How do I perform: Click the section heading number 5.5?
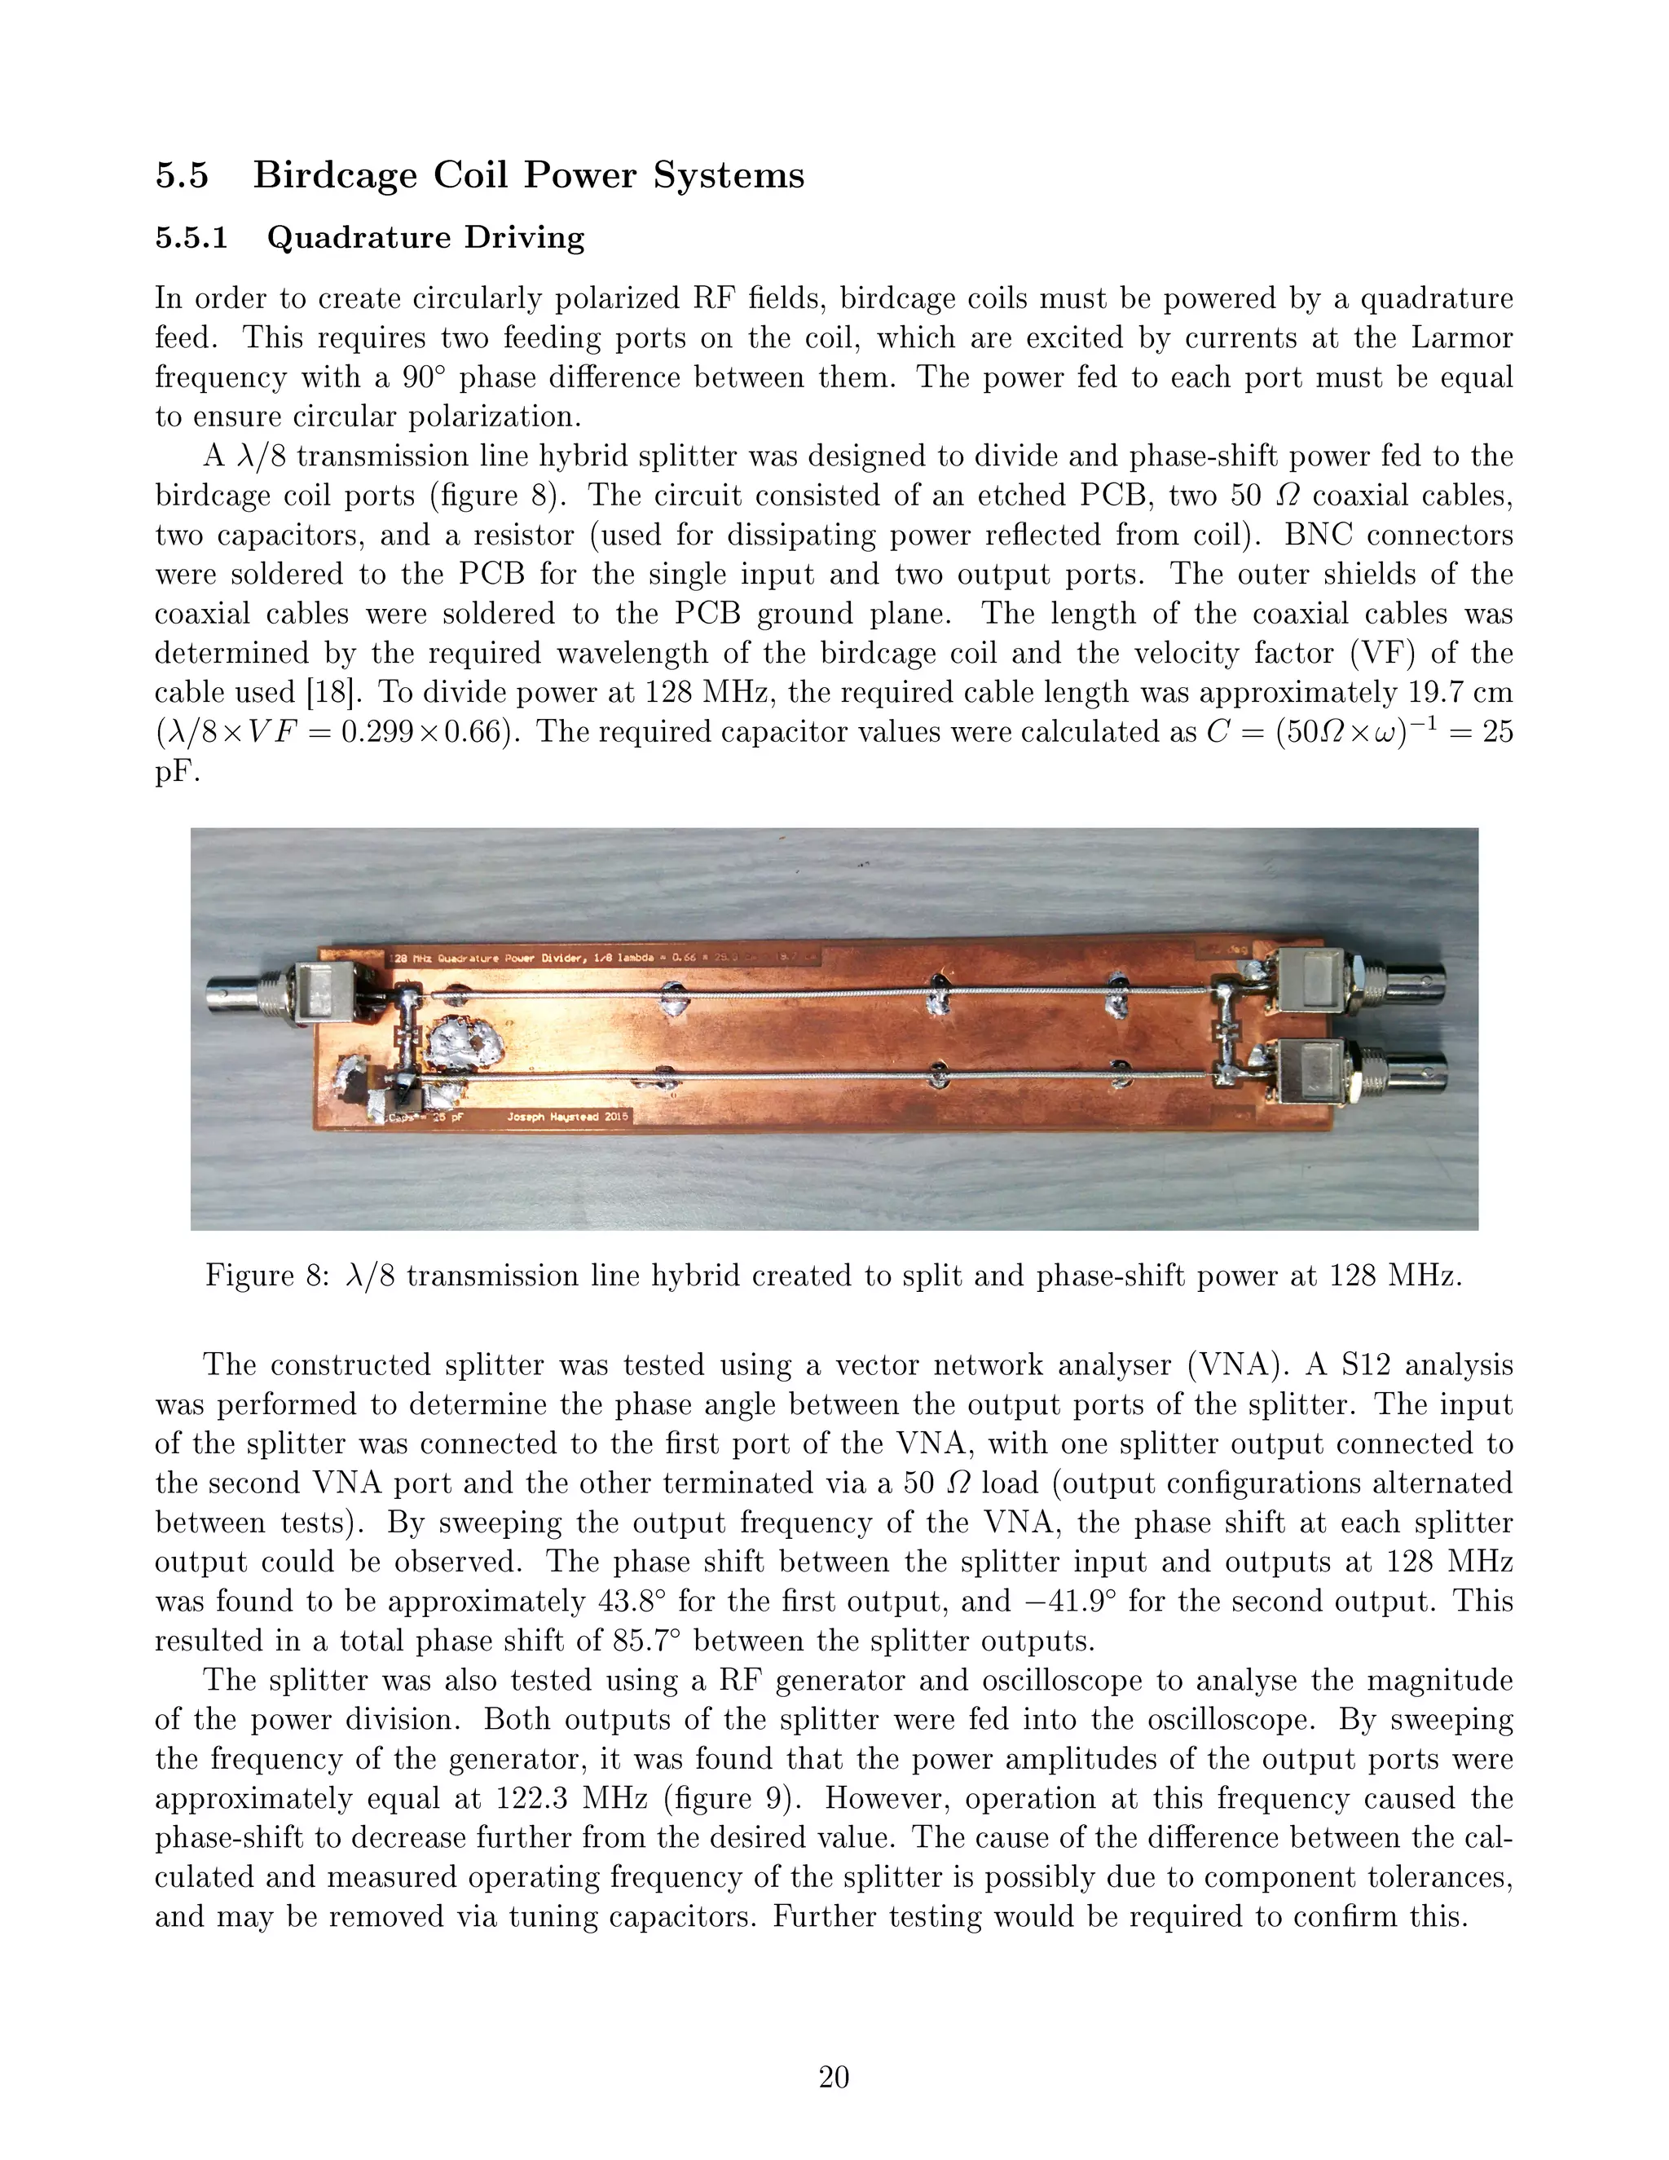182,176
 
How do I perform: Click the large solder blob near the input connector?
465,1048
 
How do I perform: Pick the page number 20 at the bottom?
834,2077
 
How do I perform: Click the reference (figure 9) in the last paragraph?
731,1799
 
